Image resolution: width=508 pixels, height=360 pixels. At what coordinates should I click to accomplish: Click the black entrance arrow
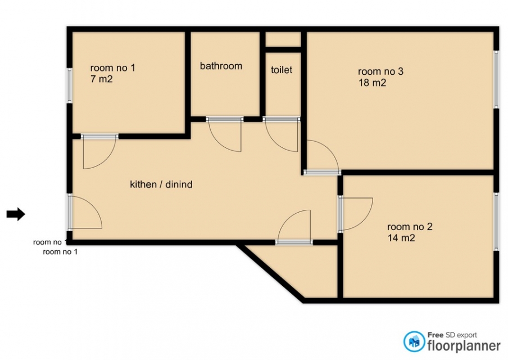tap(16, 214)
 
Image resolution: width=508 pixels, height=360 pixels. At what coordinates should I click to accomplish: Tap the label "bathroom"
tap(221, 66)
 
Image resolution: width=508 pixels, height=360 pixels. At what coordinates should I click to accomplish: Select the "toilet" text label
tap(282, 70)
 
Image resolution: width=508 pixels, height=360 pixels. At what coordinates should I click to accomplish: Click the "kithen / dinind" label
tap(161, 184)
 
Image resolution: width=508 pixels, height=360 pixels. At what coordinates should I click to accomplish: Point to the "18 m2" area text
tap(372, 83)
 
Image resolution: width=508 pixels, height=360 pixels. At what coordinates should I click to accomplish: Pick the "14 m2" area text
tap(401, 238)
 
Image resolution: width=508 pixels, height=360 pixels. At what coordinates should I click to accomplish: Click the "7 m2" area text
tap(101, 79)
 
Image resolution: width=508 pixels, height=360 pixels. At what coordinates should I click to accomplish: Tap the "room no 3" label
tap(380, 71)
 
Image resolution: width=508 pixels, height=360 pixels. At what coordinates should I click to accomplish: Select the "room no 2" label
tap(410, 227)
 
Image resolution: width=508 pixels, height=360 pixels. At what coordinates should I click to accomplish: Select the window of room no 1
tap(69, 85)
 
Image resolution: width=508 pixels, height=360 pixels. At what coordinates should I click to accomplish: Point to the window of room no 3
tap(496, 79)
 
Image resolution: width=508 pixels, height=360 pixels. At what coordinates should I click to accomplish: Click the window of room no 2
tap(496, 222)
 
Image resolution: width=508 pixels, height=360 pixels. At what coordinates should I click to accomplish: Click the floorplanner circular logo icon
tap(414, 341)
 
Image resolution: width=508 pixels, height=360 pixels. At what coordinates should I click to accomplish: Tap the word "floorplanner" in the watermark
tap(464, 346)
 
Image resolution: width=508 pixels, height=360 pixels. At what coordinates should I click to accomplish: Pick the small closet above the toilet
tap(283, 39)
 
